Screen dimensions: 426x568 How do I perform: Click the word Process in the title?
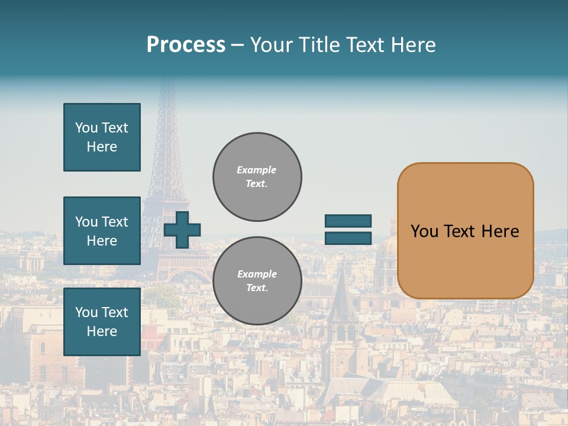186,45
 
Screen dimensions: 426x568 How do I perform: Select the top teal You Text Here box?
102,137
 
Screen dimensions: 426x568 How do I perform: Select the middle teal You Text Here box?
102,231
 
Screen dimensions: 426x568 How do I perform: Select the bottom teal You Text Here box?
102,321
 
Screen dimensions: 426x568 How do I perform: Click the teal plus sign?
182,230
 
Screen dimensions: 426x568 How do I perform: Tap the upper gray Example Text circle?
257,177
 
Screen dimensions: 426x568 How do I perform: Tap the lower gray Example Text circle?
257,281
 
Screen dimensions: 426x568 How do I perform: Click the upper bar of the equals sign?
348,221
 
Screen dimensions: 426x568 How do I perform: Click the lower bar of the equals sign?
348,238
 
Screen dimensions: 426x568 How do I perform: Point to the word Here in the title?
412,45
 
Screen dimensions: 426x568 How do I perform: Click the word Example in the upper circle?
256,170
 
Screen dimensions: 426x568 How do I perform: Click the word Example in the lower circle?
257,274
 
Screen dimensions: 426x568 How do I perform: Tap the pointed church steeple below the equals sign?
342,290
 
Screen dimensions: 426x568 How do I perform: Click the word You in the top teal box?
85,128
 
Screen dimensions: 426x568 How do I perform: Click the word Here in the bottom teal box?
102,331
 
